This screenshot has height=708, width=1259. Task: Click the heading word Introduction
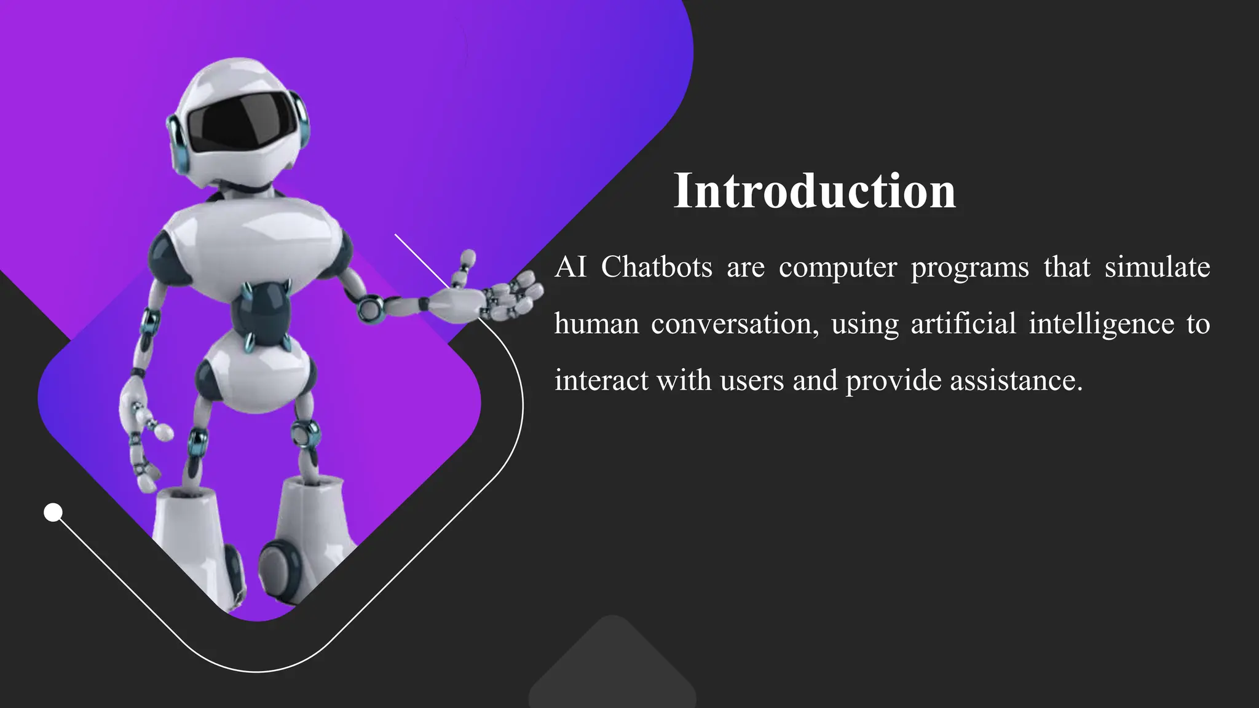(x=815, y=191)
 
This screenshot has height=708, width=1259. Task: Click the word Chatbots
(x=657, y=267)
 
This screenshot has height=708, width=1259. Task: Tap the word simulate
(x=1157, y=267)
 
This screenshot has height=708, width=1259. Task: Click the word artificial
(x=963, y=324)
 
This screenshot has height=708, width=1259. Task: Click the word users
(x=752, y=381)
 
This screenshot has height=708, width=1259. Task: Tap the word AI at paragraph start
(x=570, y=267)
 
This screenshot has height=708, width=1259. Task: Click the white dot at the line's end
(x=53, y=512)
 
